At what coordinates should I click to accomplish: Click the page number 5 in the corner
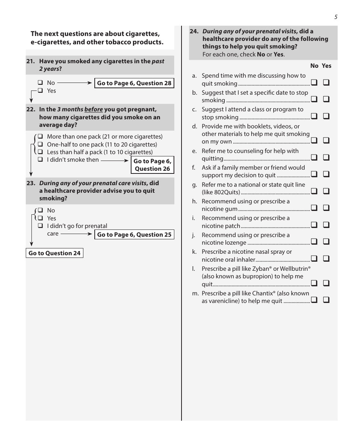[336, 17]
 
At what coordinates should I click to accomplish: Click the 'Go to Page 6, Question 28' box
[134, 83]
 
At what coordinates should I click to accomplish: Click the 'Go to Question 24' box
[55, 253]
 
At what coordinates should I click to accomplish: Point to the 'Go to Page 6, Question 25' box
[134, 235]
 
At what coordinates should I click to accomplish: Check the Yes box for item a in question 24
[326, 83]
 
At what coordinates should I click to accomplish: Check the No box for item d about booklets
[314, 140]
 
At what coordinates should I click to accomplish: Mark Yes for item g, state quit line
[326, 191]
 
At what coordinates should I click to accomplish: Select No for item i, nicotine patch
[314, 225]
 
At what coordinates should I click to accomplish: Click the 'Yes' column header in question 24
[326, 66]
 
